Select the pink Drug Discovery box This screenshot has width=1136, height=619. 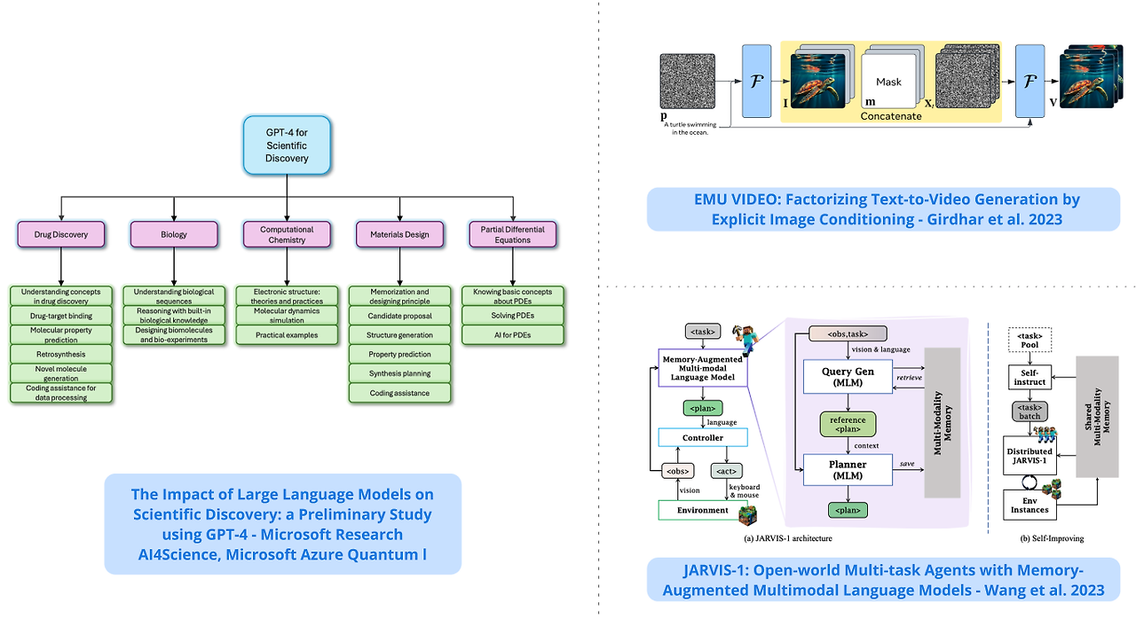pos(60,234)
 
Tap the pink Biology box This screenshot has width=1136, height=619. pos(174,234)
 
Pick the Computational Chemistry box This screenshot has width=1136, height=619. pos(287,234)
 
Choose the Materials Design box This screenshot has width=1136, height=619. pos(399,234)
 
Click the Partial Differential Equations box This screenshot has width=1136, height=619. pos(512,234)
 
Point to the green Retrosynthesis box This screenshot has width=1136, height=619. pos(60,353)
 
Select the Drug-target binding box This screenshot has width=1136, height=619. pos(60,315)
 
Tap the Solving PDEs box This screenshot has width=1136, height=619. pos(512,315)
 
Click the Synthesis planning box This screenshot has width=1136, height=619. pos(399,373)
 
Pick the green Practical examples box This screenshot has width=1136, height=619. pos(287,334)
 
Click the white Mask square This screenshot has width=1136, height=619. pos(888,82)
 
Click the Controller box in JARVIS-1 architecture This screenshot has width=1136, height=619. pos(702,437)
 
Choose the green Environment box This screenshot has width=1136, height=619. pos(702,510)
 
